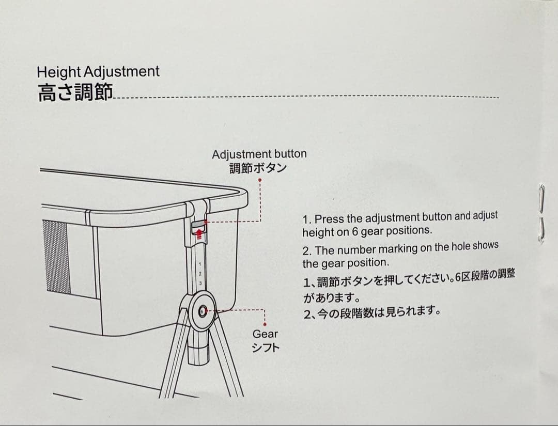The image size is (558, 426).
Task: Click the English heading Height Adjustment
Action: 98,72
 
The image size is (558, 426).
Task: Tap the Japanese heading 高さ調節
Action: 75,92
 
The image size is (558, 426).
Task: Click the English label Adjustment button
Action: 259,154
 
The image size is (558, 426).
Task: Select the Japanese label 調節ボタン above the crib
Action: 258,168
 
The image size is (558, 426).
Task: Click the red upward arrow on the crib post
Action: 200,234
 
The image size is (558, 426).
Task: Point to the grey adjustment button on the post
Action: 199,225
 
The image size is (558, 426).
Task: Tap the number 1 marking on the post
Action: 199,264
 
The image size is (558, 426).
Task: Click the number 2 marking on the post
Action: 200,274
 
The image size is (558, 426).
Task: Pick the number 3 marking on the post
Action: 200,283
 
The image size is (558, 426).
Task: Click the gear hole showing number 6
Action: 202,311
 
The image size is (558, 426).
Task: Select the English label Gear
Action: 265,334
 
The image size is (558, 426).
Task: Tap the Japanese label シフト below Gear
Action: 266,348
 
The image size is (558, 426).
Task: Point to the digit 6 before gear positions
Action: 355,231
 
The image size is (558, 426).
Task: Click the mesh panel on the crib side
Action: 57,257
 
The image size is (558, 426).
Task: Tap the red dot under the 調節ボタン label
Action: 260,180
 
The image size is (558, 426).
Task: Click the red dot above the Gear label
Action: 265,324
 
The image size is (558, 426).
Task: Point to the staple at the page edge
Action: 541,213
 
